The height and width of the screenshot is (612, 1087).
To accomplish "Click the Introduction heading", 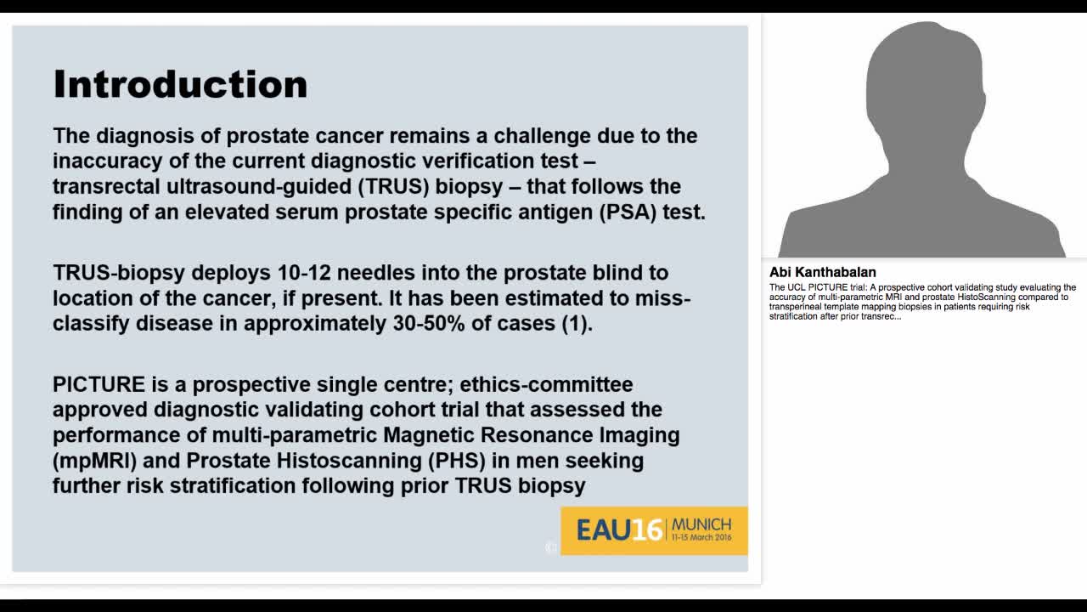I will click(x=180, y=84).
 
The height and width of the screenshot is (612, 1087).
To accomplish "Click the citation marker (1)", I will click(x=575, y=324).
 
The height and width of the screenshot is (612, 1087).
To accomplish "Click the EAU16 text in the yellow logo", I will click(x=619, y=530).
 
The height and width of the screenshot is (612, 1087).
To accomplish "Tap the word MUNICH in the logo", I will click(x=701, y=524).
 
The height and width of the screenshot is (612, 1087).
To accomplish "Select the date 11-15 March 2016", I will click(x=701, y=538).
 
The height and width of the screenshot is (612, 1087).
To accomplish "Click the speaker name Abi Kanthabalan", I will click(x=822, y=273).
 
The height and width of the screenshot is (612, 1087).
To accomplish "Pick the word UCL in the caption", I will click(x=793, y=287).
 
